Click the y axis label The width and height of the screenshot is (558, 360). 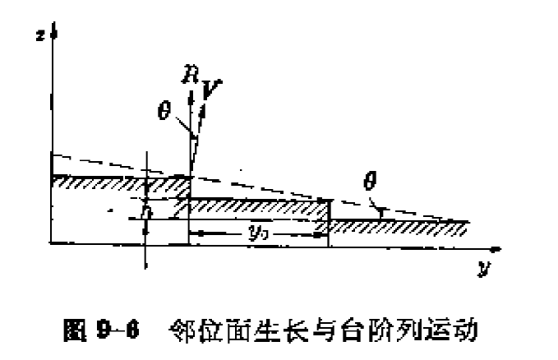[482, 269]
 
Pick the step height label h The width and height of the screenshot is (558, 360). [145, 210]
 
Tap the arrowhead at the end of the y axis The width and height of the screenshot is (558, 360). [495, 246]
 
